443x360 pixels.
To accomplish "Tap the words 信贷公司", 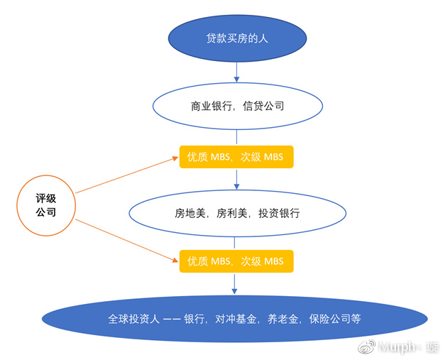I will point(264,107).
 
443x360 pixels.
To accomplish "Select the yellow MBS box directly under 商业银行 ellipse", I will point(235,157).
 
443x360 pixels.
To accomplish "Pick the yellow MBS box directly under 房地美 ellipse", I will point(235,261).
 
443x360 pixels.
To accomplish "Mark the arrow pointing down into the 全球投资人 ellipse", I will point(235,283).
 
